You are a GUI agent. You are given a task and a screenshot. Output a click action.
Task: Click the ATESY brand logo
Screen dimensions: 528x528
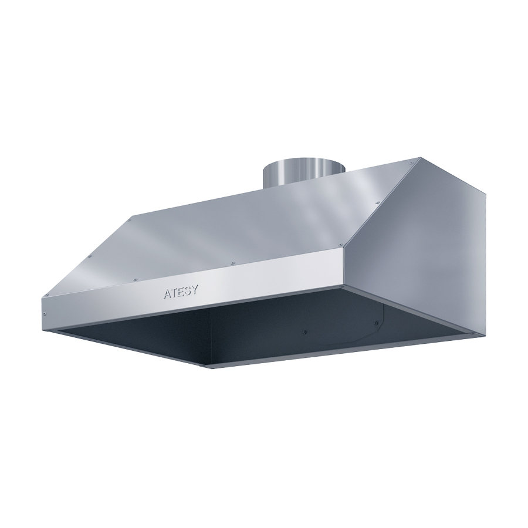tap(180, 292)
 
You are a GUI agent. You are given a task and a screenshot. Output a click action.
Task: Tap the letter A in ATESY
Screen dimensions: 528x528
tap(168, 294)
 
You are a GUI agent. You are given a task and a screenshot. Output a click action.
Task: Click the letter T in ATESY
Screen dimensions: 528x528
tap(174, 293)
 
